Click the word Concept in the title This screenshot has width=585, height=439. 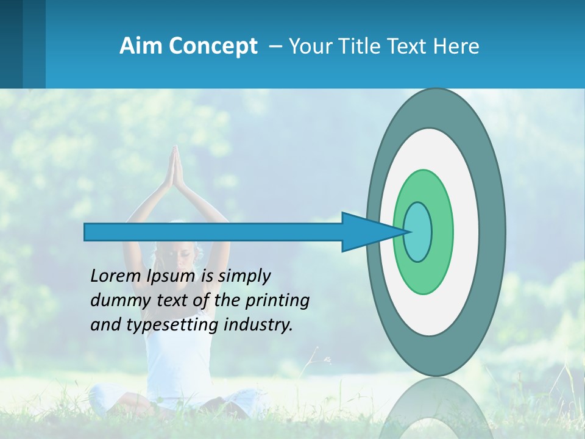[212, 46]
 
